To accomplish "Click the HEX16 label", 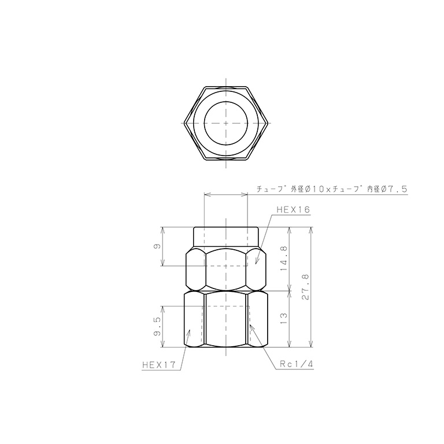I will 294,210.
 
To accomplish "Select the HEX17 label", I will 158,365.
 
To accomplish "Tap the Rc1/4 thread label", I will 296,365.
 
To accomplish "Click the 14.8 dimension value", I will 283,258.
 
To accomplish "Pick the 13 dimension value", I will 283,319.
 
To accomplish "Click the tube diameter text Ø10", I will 313,189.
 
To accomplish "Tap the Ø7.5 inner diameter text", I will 395,189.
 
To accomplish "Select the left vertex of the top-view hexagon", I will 183,123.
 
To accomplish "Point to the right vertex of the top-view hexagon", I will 269,123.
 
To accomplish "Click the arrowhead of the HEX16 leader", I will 256,264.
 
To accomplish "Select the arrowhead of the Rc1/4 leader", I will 250,325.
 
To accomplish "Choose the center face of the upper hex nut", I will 226,270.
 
